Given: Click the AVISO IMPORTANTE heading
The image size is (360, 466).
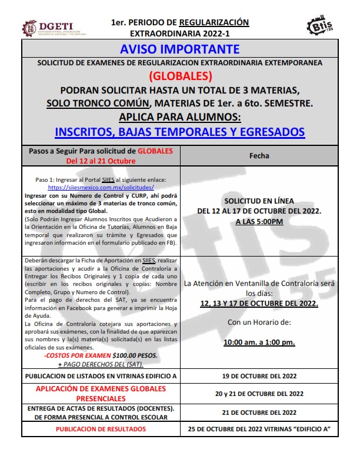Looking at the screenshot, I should pyautogui.click(x=179, y=48).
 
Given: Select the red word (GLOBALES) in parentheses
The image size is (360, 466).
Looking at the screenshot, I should pyautogui.click(x=180, y=76).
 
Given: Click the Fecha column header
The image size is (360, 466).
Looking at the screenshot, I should pyautogui.click(x=259, y=156).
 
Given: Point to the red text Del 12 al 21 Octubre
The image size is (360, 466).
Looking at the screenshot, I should pyautogui.click(x=101, y=161).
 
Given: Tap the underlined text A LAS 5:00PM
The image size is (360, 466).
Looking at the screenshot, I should pyautogui.click(x=259, y=221).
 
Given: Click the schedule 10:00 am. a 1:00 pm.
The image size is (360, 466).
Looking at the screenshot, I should pyautogui.click(x=259, y=342).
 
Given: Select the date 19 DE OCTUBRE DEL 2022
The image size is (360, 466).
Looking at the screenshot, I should pyautogui.click(x=259, y=375).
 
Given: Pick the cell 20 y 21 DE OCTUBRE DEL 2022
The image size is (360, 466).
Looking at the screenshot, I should pyautogui.click(x=259, y=394).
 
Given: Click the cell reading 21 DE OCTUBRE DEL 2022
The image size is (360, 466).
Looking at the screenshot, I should pyautogui.click(x=259, y=412).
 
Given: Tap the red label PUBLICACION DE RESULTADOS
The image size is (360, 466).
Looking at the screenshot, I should pyautogui.click(x=101, y=429).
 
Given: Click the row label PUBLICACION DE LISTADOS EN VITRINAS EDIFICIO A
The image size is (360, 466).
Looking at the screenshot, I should pyautogui.click(x=101, y=375).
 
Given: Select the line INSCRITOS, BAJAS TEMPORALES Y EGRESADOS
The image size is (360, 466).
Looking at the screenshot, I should pyautogui.click(x=179, y=132).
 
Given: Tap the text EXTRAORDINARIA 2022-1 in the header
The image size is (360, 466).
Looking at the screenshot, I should pyautogui.click(x=179, y=34).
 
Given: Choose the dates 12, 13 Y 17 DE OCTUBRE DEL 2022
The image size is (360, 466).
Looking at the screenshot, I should pyautogui.click(x=259, y=304).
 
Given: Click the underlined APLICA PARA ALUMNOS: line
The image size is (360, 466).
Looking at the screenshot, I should pyautogui.click(x=180, y=116).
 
